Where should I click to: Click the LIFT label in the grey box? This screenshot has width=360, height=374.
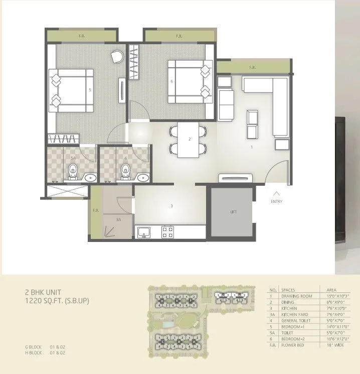pos(233,212)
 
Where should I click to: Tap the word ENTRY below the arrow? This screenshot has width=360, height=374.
pos(276,202)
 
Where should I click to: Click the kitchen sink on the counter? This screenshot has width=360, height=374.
pos(144,232)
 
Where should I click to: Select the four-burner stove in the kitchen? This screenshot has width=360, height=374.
pos(167,232)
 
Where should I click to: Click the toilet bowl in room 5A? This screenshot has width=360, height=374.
pos(73,172)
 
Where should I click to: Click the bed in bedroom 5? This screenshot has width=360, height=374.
pos(71,90)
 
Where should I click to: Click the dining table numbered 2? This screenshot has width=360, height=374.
pos(189,139)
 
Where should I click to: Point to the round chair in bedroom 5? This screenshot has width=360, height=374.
pos(117,56)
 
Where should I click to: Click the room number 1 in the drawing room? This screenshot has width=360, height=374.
pos(252,148)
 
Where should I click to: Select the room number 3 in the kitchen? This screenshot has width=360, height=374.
pos(171,206)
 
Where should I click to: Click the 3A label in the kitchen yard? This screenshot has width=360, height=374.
pos(118,220)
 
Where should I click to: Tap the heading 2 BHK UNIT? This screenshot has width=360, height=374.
pos(44,291)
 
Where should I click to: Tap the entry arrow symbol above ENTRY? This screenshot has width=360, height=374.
pos(276,193)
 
